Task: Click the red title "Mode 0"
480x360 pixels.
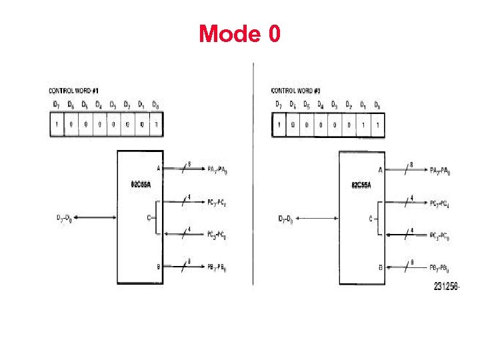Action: [x=239, y=33]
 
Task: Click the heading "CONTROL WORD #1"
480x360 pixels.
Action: [x=74, y=90]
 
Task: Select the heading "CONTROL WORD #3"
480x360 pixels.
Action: [x=296, y=90]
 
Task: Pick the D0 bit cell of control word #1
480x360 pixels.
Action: [x=155, y=124]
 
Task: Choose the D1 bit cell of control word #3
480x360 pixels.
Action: [x=363, y=125]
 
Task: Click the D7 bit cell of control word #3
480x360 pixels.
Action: [x=279, y=125]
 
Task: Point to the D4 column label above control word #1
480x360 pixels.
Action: [x=98, y=105]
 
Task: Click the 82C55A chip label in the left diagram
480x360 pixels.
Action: [x=140, y=185]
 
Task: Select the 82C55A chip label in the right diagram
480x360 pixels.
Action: [x=362, y=185]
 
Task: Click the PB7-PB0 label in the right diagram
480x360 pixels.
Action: [x=439, y=269]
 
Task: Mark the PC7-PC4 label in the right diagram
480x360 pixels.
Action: [x=439, y=204]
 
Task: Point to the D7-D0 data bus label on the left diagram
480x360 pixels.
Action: [x=66, y=218]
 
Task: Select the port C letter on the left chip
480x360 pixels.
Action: [x=149, y=217]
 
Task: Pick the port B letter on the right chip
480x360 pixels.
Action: [x=380, y=268]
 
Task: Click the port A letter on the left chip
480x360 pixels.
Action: [x=158, y=169]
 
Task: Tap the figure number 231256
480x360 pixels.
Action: [x=447, y=287]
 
